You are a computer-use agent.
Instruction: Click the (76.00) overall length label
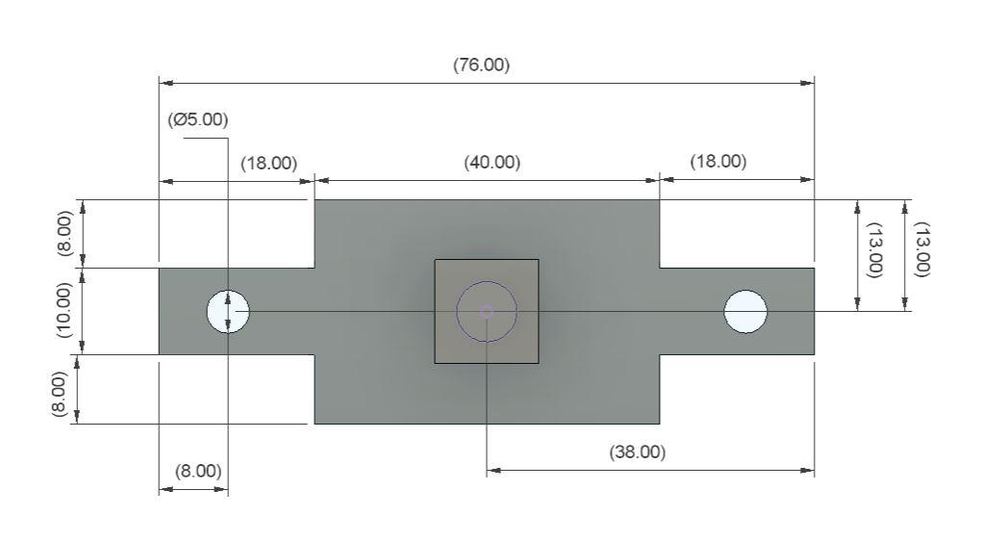click(481, 65)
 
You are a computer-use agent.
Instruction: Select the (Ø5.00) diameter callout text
click(197, 119)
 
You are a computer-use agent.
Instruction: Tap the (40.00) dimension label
click(491, 163)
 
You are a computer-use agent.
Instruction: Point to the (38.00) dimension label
click(637, 452)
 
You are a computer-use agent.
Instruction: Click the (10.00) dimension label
click(65, 310)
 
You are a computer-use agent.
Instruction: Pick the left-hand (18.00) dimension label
click(268, 163)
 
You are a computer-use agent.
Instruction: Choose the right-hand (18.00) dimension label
click(718, 161)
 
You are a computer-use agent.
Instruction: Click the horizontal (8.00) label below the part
click(198, 471)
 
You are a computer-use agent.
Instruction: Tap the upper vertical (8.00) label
click(65, 233)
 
